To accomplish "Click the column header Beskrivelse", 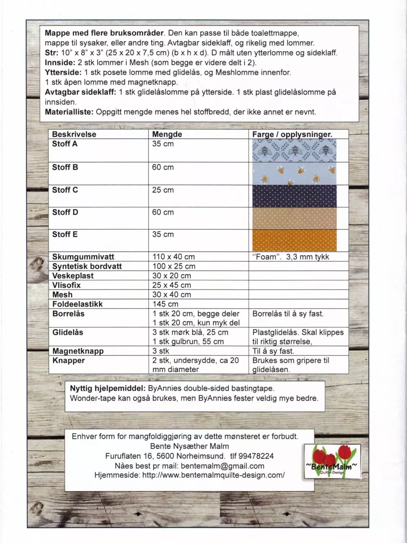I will coord(74,134).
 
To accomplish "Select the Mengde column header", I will coord(167,134).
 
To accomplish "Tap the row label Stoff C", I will coord(65,190).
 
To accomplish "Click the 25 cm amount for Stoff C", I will coord(163,190).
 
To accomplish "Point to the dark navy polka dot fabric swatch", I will coord(294,196).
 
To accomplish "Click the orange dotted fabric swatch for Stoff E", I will coord(294,240).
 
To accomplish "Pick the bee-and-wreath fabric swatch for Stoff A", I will coord(294,150).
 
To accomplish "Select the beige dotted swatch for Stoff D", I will coord(294,218).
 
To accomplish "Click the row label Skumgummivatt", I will coord(83,257).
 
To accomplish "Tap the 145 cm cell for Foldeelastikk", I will coord(165,304).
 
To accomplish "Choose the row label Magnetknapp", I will coord(78,351).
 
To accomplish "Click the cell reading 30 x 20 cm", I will coord(171,276).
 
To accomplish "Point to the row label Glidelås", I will coord(68,332).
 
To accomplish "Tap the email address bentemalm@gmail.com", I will coord(222,466).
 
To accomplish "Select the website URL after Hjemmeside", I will coord(213,475).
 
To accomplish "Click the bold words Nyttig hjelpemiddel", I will coord(107,389).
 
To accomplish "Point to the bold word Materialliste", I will coord(69,112).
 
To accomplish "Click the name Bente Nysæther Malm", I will coord(190,446).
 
